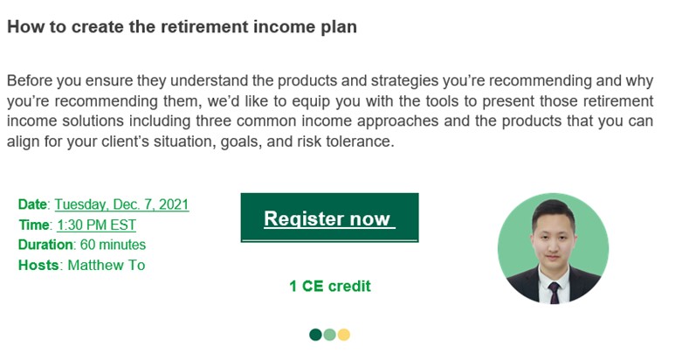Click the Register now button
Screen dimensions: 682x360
[x=330, y=218]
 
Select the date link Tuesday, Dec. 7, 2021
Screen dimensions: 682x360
[x=121, y=204]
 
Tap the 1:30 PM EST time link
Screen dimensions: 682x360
[x=97, y=225]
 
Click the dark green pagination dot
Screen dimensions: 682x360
[x=316, y=335]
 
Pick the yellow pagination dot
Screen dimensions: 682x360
[x=343, y=335]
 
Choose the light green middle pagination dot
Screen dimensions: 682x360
[x=330, y=335]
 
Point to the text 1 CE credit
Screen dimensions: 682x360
[x=330, y=286]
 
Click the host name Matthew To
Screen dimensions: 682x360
[x=107, y=265]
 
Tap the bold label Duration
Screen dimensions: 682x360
[x=45, y=245]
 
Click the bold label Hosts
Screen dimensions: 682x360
[x=38, y=265]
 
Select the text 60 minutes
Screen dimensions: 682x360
[x=114, y=245]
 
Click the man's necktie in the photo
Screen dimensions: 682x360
[x=555, y=293]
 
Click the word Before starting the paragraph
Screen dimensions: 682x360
[x=29, y=80]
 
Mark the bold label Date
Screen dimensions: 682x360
[x=32, y=204]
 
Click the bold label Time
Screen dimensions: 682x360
[x=34, y=225]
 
